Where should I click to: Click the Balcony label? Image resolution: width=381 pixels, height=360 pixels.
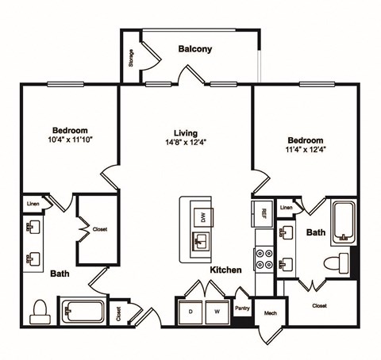[x=195, y=49]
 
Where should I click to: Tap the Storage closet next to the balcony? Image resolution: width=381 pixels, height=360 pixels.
[x=131, y=58]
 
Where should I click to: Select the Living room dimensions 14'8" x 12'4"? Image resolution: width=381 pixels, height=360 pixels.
[x=186, y=143]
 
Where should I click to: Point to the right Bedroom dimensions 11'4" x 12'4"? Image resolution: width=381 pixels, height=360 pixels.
[x=306, y=148]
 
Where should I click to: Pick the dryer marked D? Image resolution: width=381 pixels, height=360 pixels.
[x=190, y=311]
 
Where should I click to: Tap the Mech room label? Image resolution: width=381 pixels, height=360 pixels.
[x=270, y=313]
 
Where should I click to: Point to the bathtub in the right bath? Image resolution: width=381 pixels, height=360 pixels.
[x=344, y=221]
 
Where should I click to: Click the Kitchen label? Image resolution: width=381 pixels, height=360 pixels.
[x=225, y=270]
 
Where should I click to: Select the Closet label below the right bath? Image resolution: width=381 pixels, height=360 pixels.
[x=319, y=304]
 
